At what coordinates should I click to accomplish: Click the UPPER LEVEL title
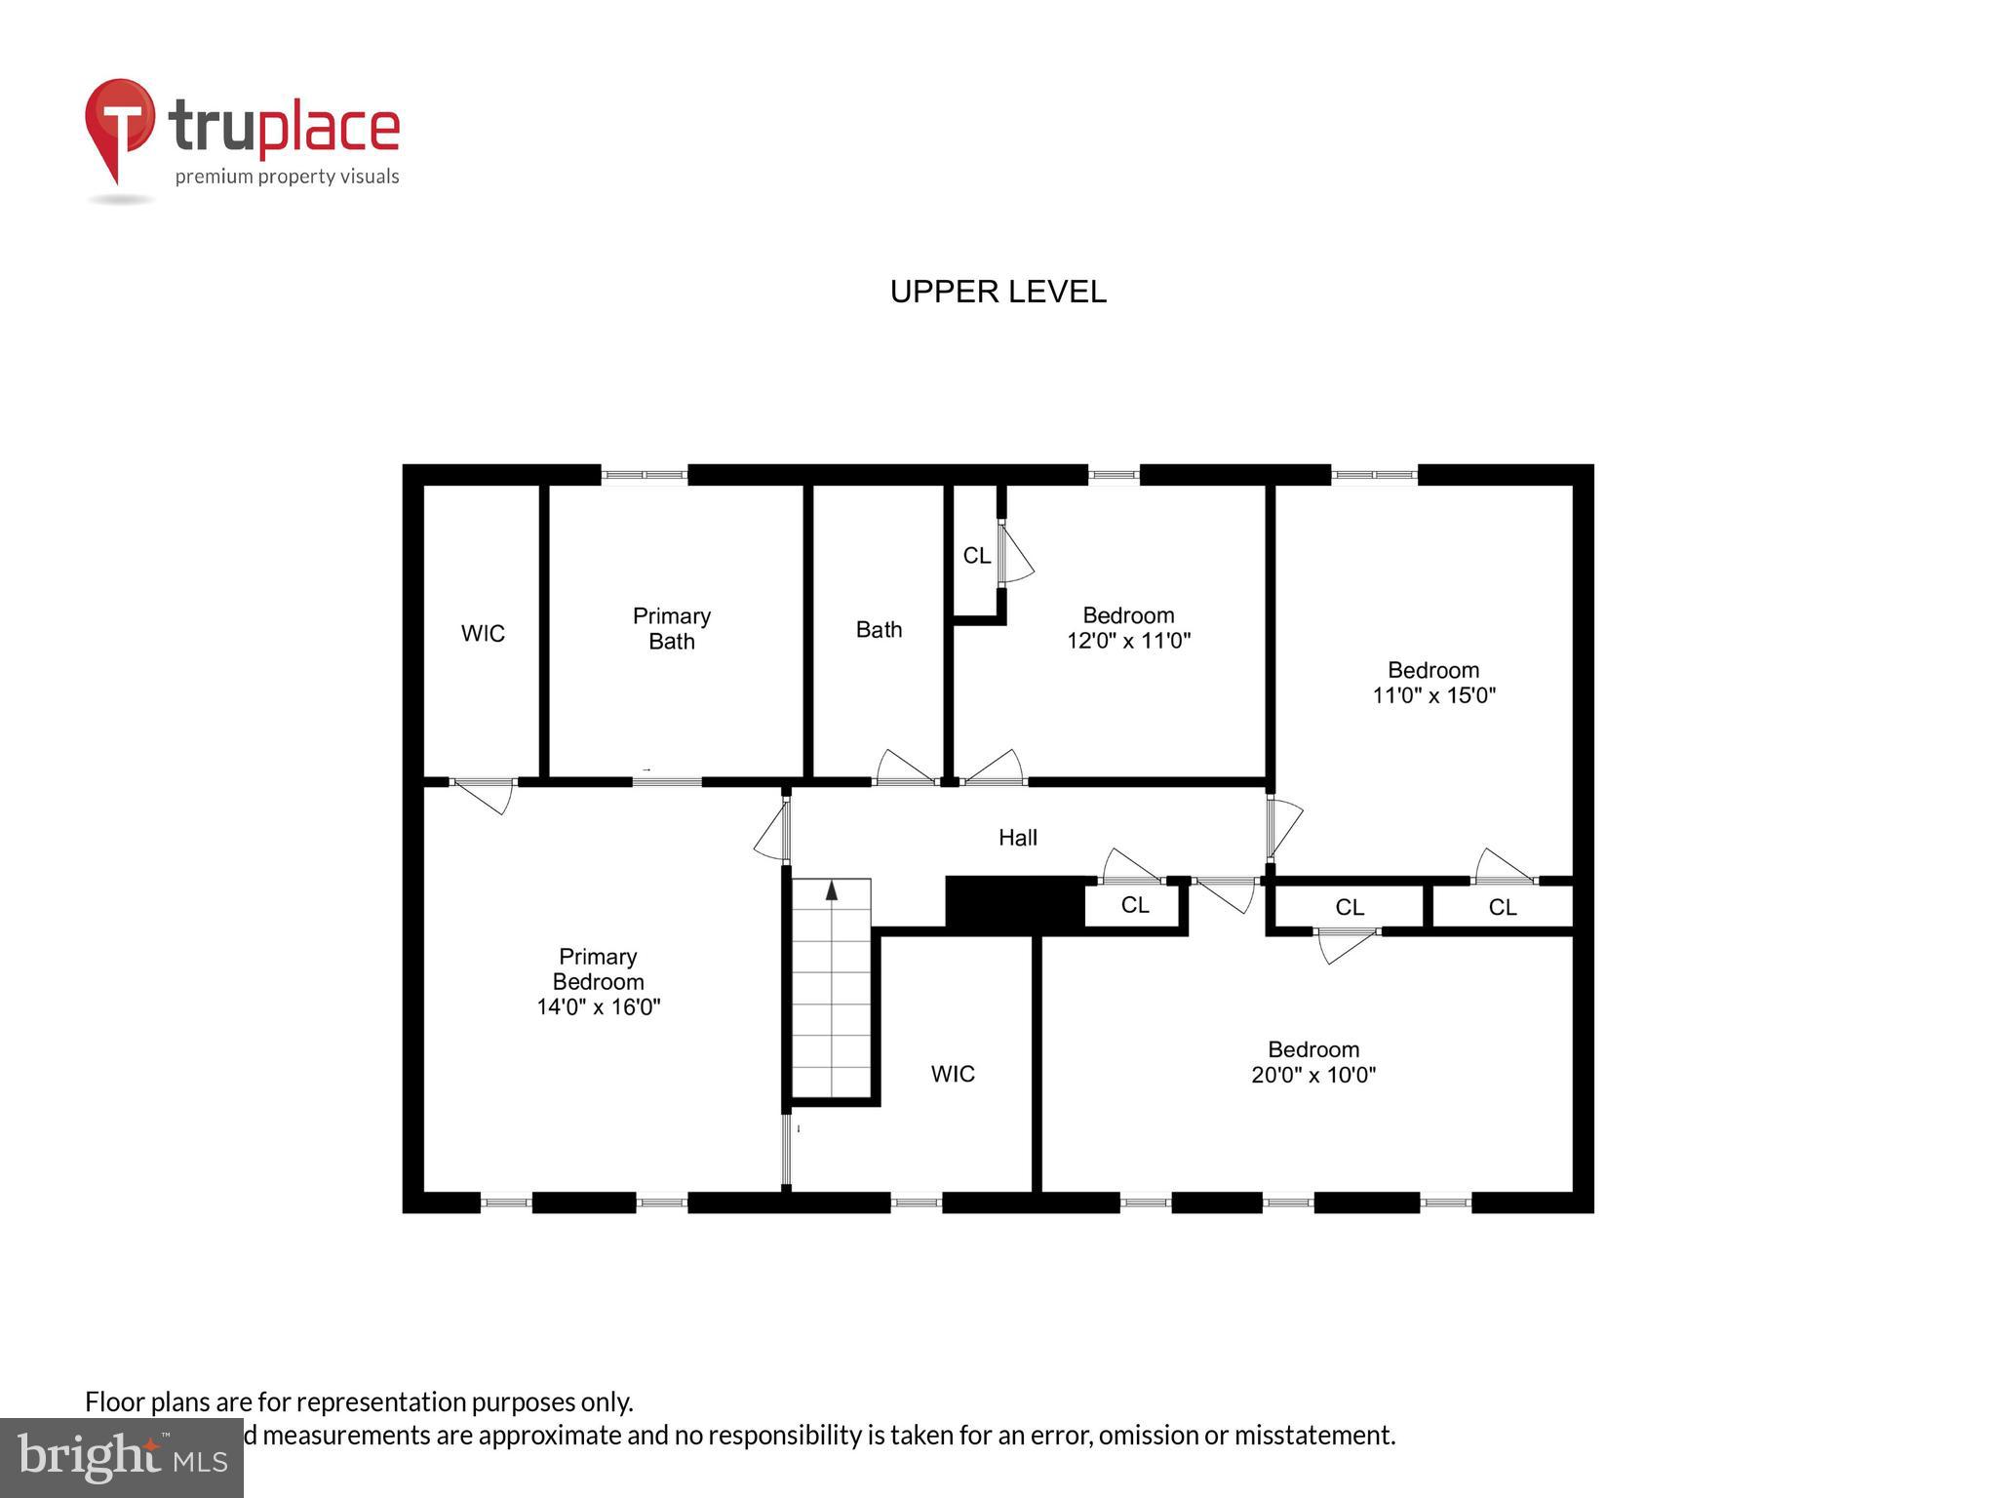(998, 292)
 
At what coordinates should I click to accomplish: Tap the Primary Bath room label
(671, 628)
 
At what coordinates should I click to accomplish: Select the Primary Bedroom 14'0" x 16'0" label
(598, 982)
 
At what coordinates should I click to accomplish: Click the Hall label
(1017, 838)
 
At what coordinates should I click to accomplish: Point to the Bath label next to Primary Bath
(879, 630)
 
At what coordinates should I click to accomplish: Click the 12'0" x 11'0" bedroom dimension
(1128, 642)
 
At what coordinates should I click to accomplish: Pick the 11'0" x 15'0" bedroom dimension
(1433, 696)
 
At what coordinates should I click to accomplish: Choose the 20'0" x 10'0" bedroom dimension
(1312, 1076)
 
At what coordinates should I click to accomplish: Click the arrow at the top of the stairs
(832, 890)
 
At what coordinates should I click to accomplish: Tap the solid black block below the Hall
(1014, 902)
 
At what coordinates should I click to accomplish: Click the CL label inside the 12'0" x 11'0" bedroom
(976, 556)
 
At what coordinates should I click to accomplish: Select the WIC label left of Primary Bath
(483, 634)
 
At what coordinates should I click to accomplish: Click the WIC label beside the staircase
(952, 1074)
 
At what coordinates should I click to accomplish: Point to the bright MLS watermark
(121, 1457)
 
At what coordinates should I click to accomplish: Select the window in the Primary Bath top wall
(644, 476)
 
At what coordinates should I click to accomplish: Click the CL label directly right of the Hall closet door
(1134, 905)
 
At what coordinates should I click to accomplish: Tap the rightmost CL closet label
(1502, 908)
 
